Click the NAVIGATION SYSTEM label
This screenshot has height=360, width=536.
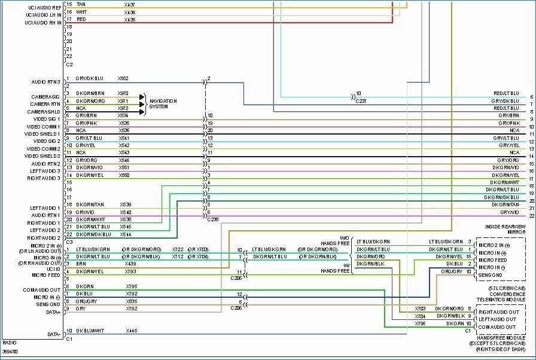163,103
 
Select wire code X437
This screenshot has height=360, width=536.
130,4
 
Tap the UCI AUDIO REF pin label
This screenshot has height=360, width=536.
44,8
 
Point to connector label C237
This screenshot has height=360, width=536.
361,100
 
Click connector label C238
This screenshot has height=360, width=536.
212,219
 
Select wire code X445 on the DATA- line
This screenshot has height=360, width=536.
131,331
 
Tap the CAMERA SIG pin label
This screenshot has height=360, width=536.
45,96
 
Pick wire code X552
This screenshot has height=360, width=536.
123,78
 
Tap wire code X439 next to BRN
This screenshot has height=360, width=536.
130,264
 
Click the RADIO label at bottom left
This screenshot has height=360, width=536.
10,343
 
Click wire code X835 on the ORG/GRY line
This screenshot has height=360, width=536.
132,301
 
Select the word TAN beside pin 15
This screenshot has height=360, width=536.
81,4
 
